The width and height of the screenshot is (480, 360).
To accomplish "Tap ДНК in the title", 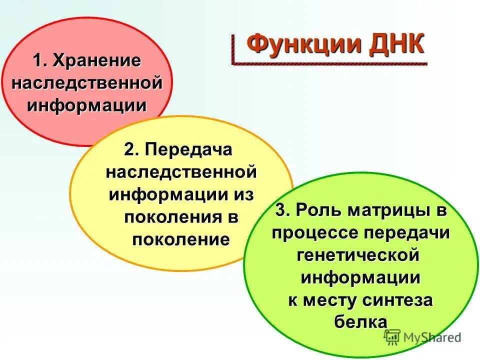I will click(397, 44).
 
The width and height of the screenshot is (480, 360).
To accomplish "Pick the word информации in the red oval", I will click(87, 105).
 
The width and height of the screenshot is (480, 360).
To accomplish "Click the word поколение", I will click(181, 239).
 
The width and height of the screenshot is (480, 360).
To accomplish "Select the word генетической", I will click(358, 255).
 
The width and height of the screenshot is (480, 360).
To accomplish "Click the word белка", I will click(360, 322).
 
